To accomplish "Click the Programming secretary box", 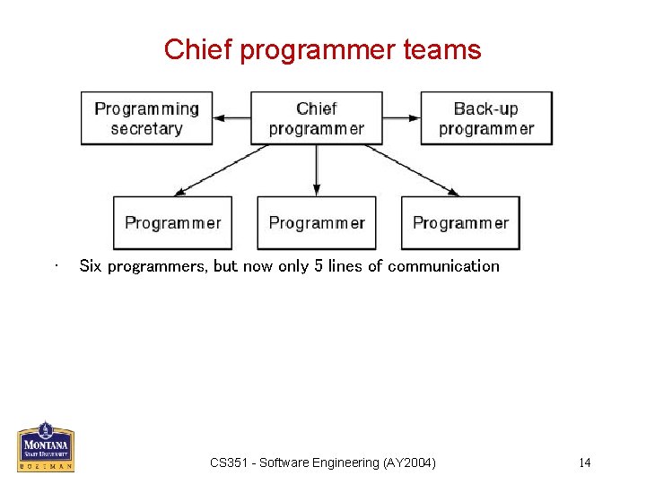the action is tap(146, 118).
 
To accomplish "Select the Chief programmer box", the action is tap(316, 118).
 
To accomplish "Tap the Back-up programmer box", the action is tap(486, 118).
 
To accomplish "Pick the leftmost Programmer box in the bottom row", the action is tap(172, 223).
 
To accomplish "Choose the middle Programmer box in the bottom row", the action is tap(316, 223).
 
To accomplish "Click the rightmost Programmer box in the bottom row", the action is tap(460, 223).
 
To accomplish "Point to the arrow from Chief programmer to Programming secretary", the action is tap(231, 117).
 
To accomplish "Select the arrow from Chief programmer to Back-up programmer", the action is tap(401, 117).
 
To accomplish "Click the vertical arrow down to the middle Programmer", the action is tap(316, 170).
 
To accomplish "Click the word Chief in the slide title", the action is tap(186, 49).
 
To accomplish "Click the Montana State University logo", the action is tap(46, 446).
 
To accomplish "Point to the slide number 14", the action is tap(584, 462).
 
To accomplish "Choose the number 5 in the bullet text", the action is tap(318, 265).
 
